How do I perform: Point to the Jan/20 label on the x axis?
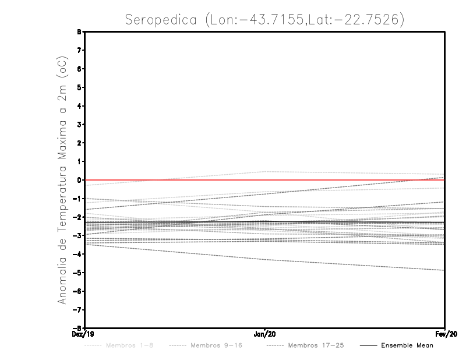tap(265, 334)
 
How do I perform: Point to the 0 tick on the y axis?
tap(79, 180)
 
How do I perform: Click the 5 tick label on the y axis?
tap(79, 87)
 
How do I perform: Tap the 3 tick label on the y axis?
tap(79, 125)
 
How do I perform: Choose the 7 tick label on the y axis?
tap(79, 50)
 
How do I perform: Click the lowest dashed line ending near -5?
tap(349, 264)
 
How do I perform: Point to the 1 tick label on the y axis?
tap(79, 161)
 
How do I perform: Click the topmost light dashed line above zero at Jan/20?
tap(265, 171)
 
